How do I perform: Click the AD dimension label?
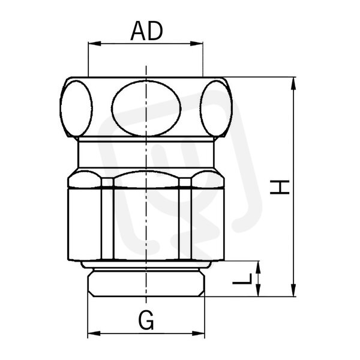(x=146, y=31)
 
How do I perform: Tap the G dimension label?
(x=146, y=320)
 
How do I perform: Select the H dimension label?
(x=280, y=187)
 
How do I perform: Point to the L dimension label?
(x=242, y=279)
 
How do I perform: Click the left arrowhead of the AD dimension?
(x=94, y=44)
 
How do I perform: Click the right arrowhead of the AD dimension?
(x=197, y=44)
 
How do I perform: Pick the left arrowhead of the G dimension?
(x=94, y=334)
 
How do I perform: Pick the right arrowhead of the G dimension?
(x=198, y=334)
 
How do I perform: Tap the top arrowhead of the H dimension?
(x=293, y=83)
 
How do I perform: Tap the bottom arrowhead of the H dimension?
(x=293, y=290)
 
